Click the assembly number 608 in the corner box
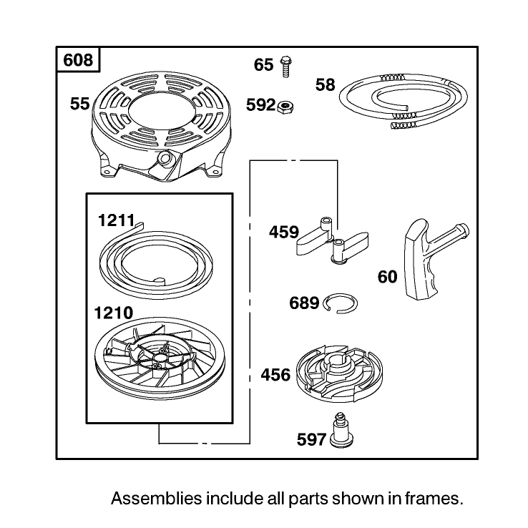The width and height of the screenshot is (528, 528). click(78, 61)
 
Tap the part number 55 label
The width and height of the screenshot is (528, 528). click(80, 104)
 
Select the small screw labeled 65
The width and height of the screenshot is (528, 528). click(285, 67)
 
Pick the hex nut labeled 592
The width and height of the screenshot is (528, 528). click(285, 107)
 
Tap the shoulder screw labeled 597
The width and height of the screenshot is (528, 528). click(341, 431)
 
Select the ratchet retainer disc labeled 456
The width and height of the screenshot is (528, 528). click(339, 373)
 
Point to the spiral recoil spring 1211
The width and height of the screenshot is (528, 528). click(156, 260)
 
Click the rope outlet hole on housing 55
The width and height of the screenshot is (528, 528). click(165, 157)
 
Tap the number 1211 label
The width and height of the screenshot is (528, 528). click(116, 221)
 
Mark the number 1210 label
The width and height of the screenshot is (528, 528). click(114, 313)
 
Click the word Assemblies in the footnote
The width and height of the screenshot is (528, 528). click(157, 499)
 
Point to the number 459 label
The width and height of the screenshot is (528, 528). click(284, 233)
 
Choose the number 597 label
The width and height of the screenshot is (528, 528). click(311, 440)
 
